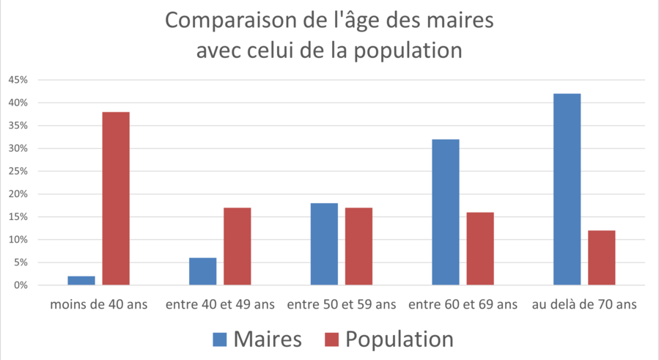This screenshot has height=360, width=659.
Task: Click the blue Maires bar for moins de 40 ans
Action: click(81, 280)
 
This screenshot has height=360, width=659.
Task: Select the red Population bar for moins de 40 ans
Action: click(116, 198)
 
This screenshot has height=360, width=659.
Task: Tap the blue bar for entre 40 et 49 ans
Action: click(202, 271)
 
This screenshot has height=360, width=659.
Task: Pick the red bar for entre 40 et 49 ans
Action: click(238, 246)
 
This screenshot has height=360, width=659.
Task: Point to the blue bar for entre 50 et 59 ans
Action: click(324, 243)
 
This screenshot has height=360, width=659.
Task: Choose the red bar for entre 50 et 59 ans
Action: click(358, 246)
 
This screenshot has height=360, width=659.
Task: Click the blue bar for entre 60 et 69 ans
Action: click(446, 212)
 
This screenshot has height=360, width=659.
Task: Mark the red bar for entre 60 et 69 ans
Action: click(480, 249)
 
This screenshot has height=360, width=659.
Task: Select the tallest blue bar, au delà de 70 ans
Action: click(567, 189)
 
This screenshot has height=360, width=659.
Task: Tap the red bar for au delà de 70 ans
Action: click(601, 257)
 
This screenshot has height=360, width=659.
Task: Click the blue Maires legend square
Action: click(220, 339)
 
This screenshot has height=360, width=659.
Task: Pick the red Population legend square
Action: click(332, 339)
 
